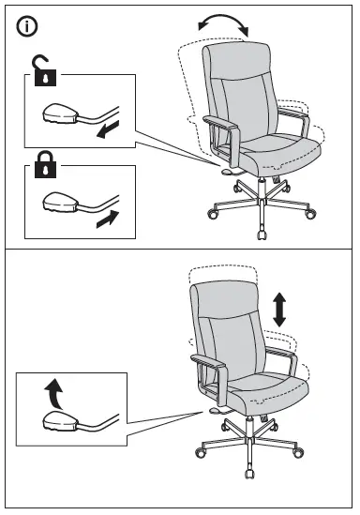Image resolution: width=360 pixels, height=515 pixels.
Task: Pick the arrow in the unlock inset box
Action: pyautogui.click(x=108, y=128)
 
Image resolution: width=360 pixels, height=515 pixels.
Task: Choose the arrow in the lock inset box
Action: pyautogui.click(x=108, y=220)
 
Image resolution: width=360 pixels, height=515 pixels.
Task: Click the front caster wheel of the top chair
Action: pyautogui.click(x=258, y=229)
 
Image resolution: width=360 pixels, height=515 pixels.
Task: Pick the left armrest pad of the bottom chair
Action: pyautogui.click(x=204, y=360)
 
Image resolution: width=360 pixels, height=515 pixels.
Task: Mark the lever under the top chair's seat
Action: pyautogui.click(x=228, y=170)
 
